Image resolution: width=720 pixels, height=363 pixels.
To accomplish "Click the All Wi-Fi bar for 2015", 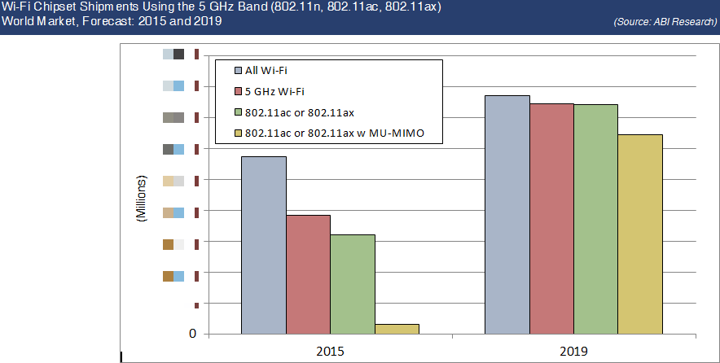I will pyautogui.click(x=263, y=245).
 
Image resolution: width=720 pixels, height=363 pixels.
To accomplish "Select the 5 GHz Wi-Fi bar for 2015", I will pyautogui.click(x=308, y=274).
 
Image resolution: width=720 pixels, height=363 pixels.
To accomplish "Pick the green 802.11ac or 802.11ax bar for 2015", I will pyautogui.click(x=353, y=284).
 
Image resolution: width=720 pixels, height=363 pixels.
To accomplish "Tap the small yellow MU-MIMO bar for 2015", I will pyautogui.click(x=397, y=329).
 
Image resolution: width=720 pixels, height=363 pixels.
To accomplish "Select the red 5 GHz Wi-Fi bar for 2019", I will pyautogui.click(x=551, y=219).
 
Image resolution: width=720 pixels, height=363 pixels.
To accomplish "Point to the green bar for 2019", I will pyautogui.click(x=595, y=219).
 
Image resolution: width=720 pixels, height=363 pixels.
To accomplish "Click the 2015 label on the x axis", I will pyautogui.click(x=330, y=351).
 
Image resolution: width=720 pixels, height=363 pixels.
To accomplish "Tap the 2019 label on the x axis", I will pyautogui.click(x=573, y=351).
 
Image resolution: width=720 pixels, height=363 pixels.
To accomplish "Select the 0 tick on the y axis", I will pyautogui.click(x=192, y=334).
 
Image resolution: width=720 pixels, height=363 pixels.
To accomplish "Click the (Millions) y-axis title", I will pyautogui.click(x=139, y=199).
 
